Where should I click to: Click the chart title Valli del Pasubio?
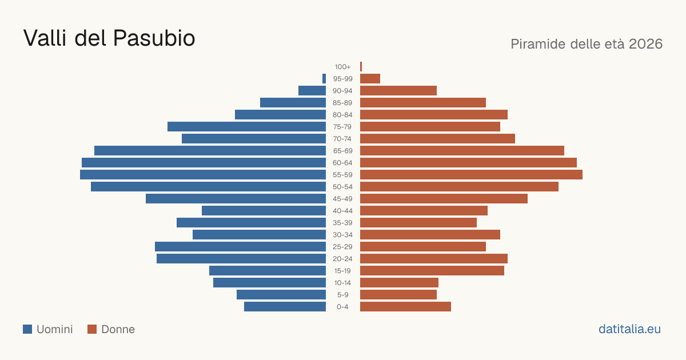coord(109,38)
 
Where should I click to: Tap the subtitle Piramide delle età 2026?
coord(587,44)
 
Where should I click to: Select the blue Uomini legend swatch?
coord(27,329)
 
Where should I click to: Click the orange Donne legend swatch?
coord(92,329)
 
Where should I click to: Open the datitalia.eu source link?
coord(629,329)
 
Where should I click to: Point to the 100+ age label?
coord(342,67)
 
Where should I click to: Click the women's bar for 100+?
coord(361,67)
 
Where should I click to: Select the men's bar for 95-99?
coord(324,79)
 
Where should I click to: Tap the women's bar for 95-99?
coord(370,79)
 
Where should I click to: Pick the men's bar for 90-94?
coord(312,91)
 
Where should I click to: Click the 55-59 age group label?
coord(342,175)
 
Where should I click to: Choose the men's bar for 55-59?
coord(203,175)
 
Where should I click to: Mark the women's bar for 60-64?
coord(468,162)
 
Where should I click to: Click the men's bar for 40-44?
coord(264,211)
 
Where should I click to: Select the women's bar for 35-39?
coord(418,222)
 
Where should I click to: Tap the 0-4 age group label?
coord(342,307)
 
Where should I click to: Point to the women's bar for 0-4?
coord(405,307)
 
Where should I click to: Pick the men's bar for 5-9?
coord(281,295)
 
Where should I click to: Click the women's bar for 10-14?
coord(399,282)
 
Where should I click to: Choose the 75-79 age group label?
coord(342,127)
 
